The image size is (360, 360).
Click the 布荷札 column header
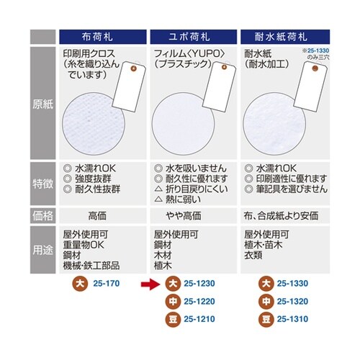[x=103, y=35]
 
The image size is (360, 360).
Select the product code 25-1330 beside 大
[x=292, y=284]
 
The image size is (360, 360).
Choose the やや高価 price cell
[x=189, y=215]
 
